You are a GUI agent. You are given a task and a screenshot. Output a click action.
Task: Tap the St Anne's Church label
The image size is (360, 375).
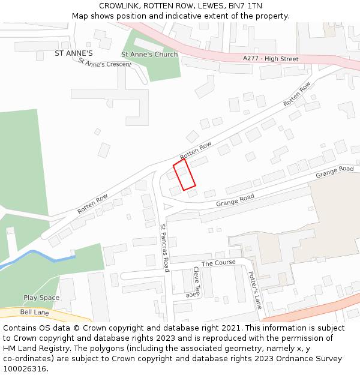point(149,54)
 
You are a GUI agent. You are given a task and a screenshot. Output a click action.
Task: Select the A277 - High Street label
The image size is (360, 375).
point(271,59)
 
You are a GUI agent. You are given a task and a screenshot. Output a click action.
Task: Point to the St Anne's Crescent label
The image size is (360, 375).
point(104,63)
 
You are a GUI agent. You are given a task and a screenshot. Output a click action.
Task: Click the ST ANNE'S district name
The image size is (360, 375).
point(74,53)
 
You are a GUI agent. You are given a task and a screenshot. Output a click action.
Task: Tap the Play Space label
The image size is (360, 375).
point(41,298)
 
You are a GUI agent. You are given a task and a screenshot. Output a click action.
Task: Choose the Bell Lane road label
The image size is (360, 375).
point(35,313)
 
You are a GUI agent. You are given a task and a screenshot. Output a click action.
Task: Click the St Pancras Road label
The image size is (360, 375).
point(166,244)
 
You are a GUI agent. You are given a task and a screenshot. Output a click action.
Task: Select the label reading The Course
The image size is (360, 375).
point(218,263)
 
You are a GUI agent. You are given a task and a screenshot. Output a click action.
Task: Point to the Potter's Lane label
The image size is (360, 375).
point(256,290)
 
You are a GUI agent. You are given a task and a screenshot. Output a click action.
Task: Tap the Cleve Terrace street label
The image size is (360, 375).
point(197,282)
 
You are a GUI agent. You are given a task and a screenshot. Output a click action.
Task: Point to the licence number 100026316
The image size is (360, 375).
point(25,369)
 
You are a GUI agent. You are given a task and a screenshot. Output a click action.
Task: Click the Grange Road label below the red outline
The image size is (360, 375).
point(235,200)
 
